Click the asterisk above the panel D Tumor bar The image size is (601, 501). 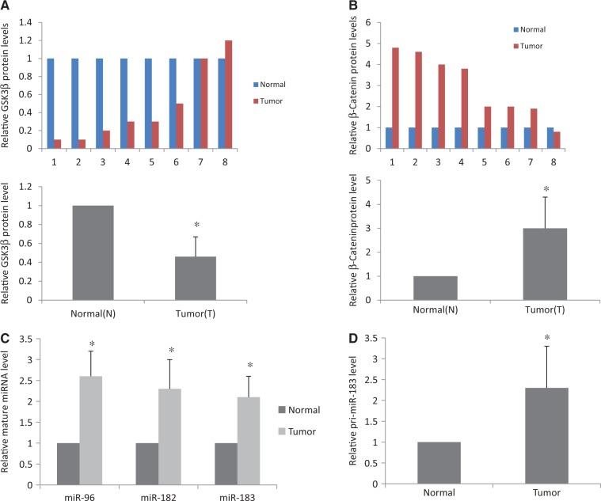(x=546, y=317)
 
